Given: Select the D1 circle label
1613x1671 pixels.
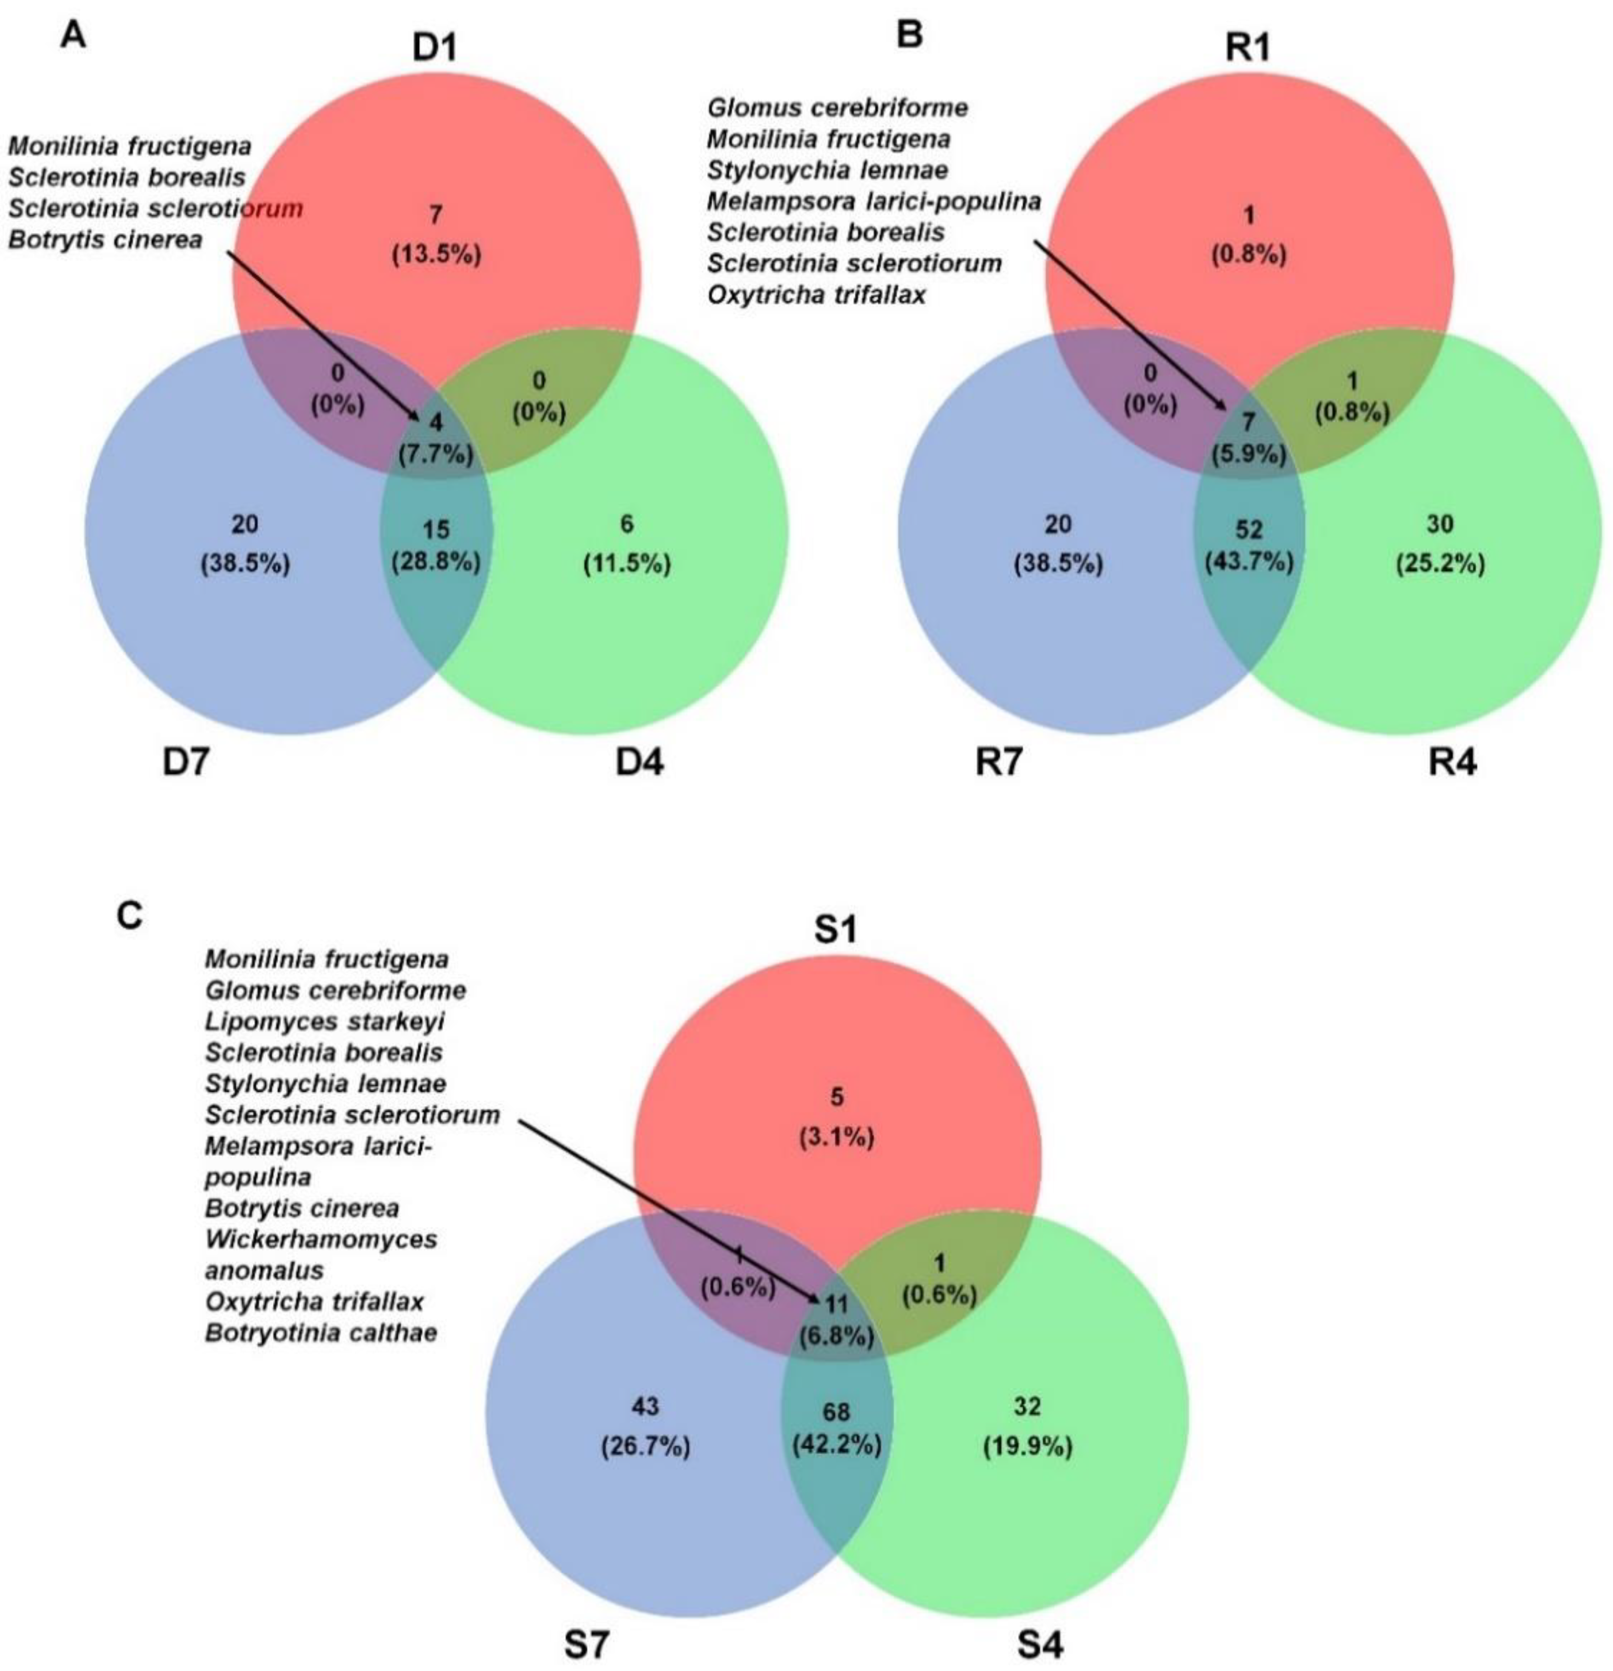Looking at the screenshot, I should coord(435,49).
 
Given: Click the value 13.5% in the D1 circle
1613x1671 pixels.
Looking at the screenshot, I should coord(436,254).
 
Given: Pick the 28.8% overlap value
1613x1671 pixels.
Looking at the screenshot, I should coord(436,562).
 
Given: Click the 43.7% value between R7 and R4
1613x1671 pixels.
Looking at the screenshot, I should coord(1248,562).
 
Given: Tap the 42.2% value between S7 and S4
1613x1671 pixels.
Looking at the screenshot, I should coord(836,1444).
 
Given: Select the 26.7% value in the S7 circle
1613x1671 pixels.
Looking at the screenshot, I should coord(645,1446).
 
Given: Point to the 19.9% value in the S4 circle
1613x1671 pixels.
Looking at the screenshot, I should coord(1027,1446).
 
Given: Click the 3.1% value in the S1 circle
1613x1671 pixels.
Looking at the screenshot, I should coord(836,1137).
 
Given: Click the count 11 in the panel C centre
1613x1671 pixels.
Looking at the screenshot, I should coord(835,1303).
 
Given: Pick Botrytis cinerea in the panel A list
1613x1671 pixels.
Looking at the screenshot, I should coord(106,240).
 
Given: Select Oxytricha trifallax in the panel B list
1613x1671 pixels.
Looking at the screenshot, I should coord(816,296).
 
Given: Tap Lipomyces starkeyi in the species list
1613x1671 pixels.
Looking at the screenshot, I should coord(324,1021).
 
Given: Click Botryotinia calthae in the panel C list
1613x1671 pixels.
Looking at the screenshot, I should coord(320,1332).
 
